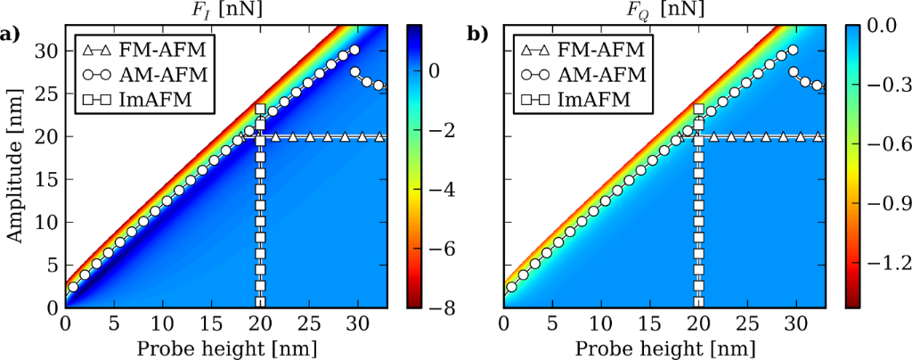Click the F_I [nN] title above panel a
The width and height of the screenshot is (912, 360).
point(230,11)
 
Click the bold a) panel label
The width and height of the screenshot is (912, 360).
point(12,36)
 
